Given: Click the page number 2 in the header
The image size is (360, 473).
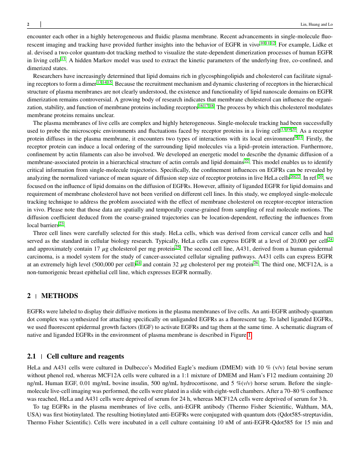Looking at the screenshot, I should (28, 24).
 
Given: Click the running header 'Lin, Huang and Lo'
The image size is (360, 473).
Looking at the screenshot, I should (317, 24).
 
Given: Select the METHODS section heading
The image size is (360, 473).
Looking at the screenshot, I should (60, 296).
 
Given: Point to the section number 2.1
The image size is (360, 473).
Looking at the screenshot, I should (32, 356).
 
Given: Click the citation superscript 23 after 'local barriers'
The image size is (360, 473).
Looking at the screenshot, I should (61, 224).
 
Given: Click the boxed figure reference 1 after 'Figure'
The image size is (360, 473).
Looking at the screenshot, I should (249, 335).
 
